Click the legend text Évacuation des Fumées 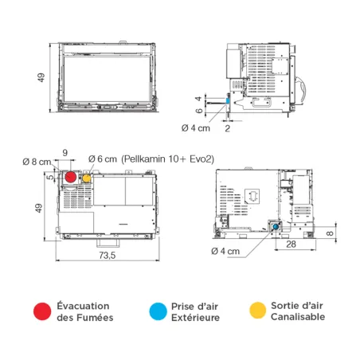pos(84,312)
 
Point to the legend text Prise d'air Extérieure pos(196,312)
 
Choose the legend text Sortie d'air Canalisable pos(298,312)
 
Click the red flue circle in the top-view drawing pos(70,177)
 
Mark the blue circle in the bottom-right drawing pos(275,226)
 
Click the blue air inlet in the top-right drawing pos(227,100)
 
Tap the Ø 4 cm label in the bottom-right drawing pos(225,251)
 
